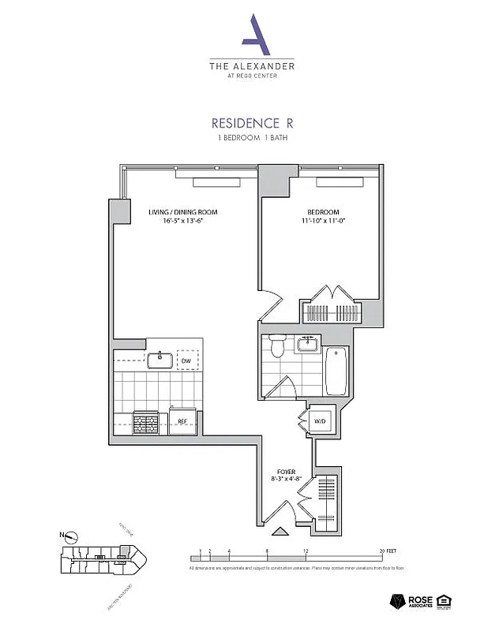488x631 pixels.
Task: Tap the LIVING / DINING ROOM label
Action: coord(183,212)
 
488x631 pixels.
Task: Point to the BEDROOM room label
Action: coord(323,212)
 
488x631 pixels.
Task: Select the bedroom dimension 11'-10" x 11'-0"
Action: coord(323,222)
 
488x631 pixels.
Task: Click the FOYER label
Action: coord(286,472)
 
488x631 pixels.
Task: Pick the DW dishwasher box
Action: coord(186,360)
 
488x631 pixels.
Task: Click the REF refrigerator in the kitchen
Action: coord(182,420)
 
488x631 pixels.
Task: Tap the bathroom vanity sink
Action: coord(306,344)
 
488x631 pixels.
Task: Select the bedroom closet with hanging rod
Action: coord(332,312)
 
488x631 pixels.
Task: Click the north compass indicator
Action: coord(72,538)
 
